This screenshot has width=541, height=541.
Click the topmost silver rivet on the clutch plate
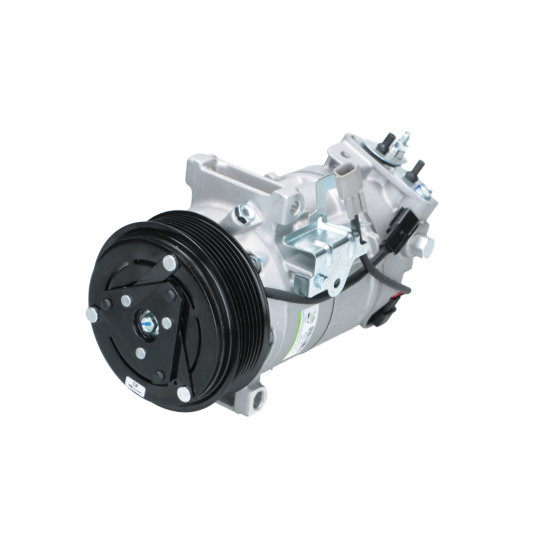coord(170,263)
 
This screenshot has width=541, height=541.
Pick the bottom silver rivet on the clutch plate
coord(184,394)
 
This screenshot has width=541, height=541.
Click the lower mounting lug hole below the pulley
coord(257,400)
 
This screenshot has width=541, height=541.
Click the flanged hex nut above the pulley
coord(244,214)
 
